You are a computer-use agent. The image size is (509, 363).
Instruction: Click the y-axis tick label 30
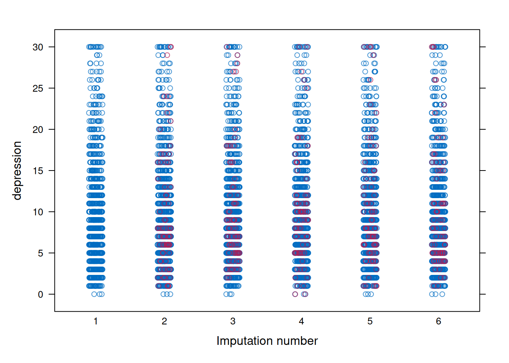[38, 47]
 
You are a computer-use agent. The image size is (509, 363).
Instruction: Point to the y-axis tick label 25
[38, 88]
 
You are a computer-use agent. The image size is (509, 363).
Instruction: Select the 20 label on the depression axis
[38, 130]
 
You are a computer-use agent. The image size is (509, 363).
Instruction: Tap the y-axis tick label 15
[38, 171]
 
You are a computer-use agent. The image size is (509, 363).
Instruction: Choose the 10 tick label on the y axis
[38, 212]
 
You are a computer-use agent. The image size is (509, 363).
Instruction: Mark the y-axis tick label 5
[41, 253]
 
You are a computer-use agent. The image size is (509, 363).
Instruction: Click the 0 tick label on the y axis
[41, 295]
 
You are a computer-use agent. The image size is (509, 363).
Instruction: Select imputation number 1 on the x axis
[96, 321]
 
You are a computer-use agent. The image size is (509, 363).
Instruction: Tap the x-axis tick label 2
[164, 321]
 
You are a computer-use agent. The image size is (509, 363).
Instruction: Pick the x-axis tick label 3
[233, 321]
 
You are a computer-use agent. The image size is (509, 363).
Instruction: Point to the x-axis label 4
[301, 321]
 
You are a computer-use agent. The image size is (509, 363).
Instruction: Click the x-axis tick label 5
[370, 321]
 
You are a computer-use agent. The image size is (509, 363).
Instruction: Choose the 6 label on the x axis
[439, 321]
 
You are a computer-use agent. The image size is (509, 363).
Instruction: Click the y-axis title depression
[17, 171]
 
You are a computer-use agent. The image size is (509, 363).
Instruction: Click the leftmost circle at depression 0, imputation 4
[295, 294]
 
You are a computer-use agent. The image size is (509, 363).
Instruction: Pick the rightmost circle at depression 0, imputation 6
[442, 294]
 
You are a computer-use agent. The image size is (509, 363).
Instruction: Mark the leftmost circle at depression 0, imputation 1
[94, 294]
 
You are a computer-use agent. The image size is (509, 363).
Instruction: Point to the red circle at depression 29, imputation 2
[167, 55]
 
